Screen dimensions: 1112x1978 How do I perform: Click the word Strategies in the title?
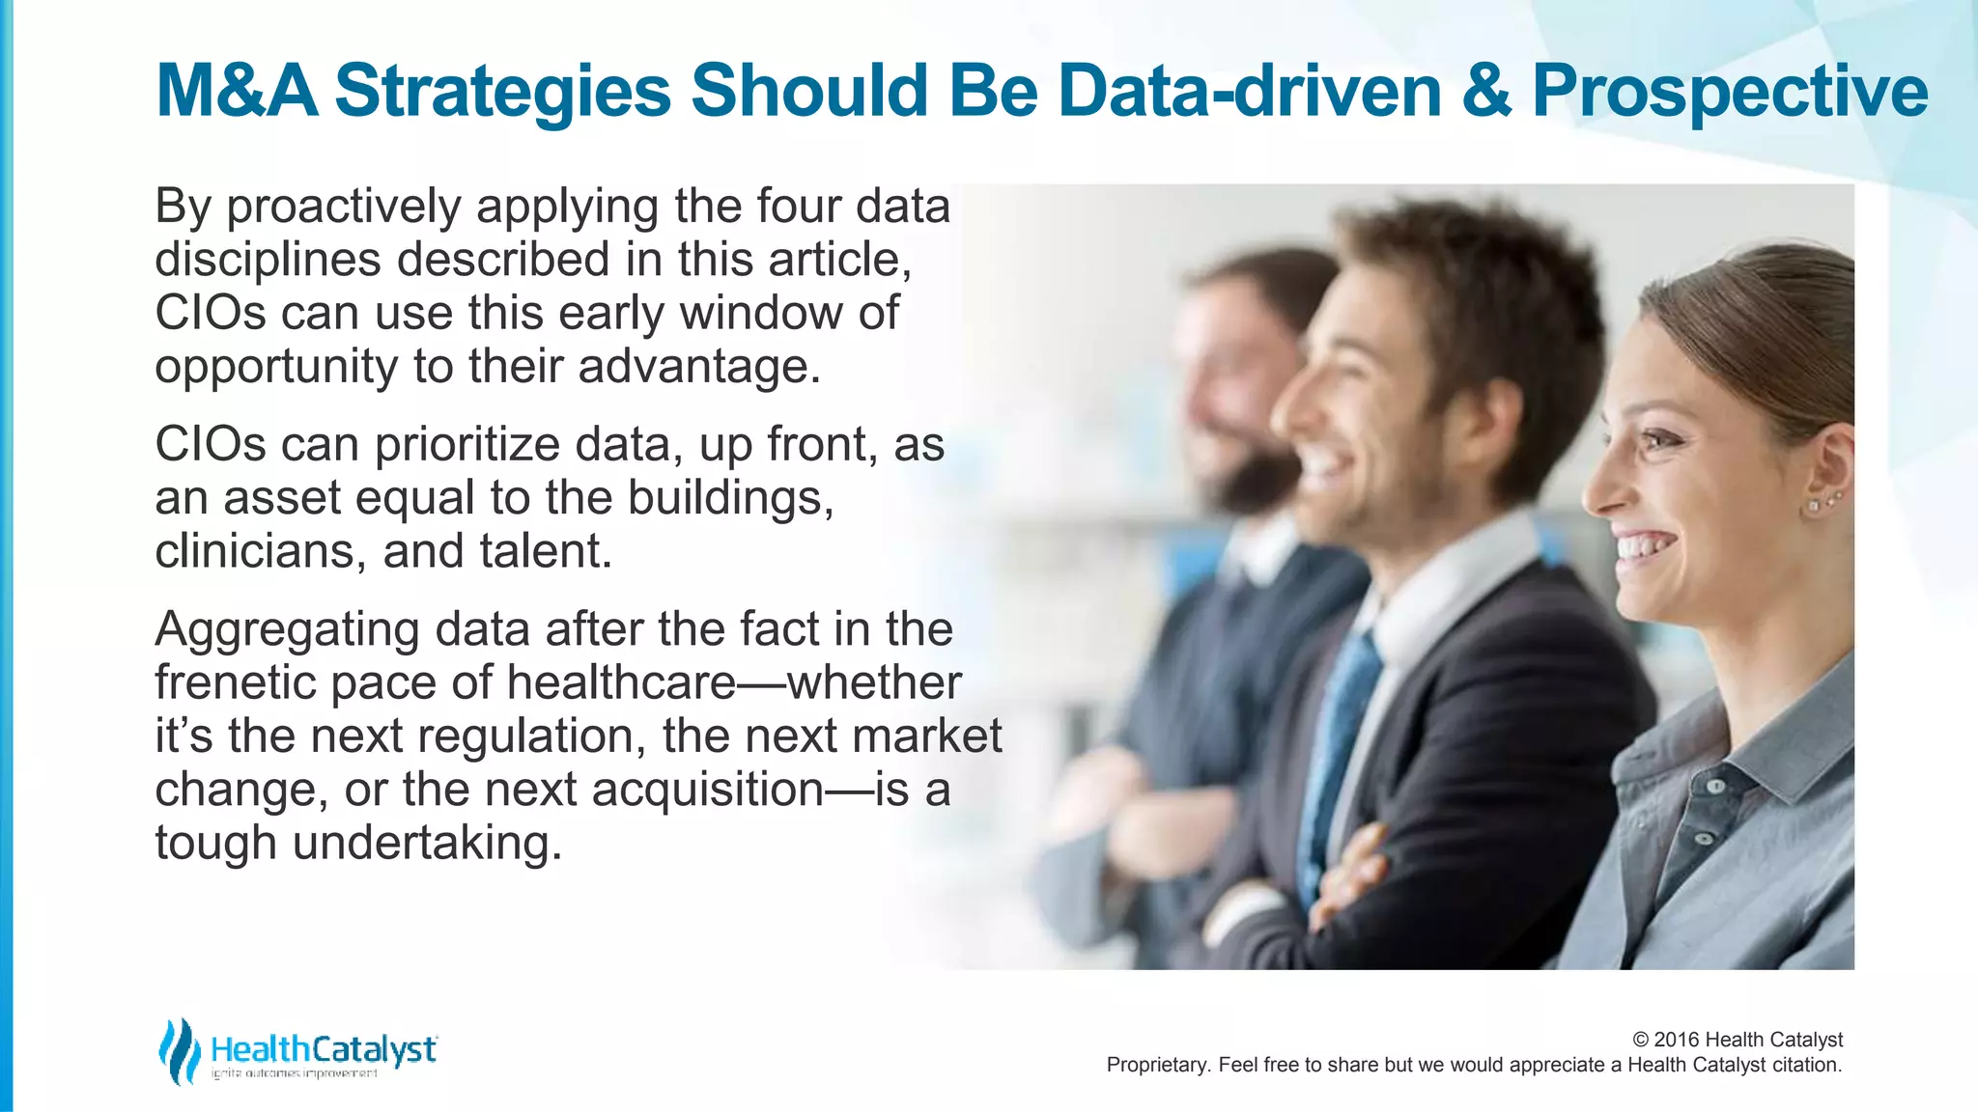tap(502, 92)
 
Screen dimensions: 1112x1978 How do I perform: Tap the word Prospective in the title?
tap(1730, 92)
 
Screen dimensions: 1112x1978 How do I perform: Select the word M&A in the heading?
tap(237, 92)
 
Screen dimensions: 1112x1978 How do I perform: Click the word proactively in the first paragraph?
tap(344, 208)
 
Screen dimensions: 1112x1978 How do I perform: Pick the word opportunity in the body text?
tap(276, 368)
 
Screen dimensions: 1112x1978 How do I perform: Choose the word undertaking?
tap(427, 843)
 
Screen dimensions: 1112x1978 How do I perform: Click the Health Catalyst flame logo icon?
tap(179, 1050)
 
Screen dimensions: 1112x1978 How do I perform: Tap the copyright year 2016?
tap(1677, 1040)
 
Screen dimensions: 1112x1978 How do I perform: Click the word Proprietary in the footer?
tap(1157, 1065)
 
